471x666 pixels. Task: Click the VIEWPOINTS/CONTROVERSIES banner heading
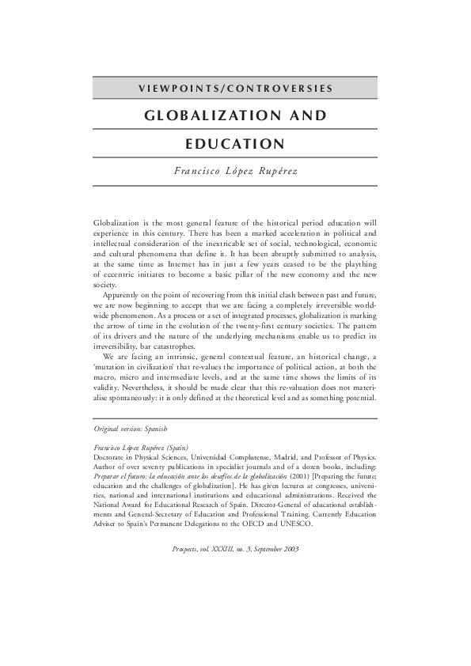235,88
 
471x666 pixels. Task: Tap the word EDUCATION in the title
235,144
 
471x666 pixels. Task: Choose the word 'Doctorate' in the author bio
112,457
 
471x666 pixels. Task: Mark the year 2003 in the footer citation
290,549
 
